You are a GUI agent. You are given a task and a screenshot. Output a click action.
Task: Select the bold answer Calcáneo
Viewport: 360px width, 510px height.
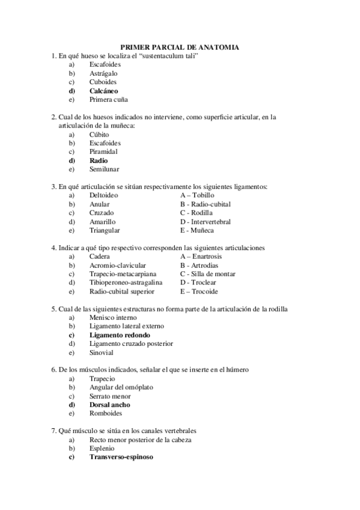click(103, 91)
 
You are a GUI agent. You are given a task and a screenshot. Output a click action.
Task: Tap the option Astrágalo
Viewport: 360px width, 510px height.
click(104, 73)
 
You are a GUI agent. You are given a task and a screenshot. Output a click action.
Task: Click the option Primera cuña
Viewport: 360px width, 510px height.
click(108, 99)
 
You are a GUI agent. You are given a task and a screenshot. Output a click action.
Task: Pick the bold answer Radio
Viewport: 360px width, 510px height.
click(99, 161)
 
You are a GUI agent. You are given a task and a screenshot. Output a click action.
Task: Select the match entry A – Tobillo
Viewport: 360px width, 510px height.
click(197, 195)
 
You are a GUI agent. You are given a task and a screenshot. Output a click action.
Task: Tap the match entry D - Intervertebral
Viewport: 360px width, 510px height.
click(205, 221)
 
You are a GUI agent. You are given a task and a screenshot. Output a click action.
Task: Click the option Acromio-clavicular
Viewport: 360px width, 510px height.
click(117, 265)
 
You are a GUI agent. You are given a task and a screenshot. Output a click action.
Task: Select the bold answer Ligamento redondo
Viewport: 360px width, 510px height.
click(119, 335)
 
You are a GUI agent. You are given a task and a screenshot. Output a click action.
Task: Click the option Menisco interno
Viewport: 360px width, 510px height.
click(112, 318)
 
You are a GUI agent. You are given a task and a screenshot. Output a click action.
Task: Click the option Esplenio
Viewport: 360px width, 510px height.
click(102, 448)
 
